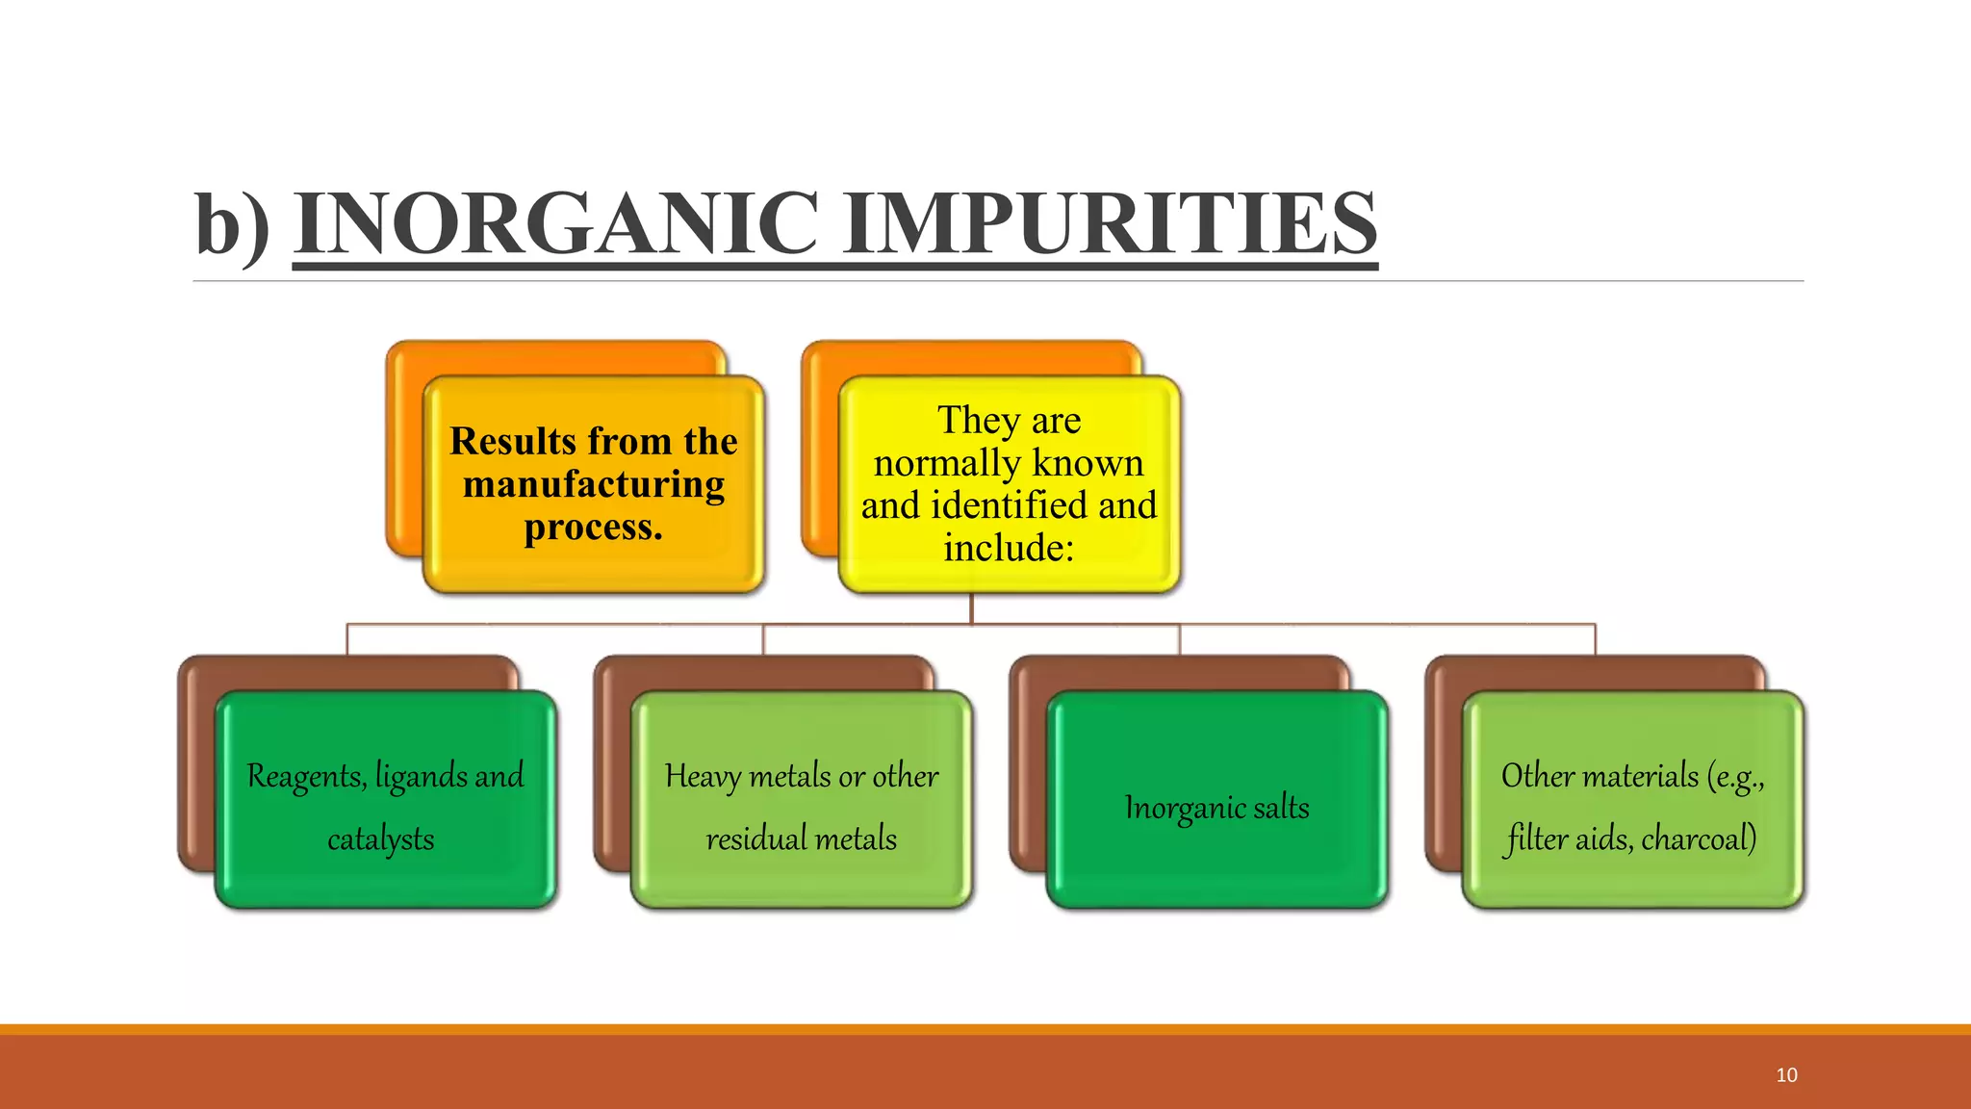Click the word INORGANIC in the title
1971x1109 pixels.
tap(556, 223)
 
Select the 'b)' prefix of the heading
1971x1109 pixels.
tap(232, 225)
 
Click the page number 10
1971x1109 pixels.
tap(1786, 1075)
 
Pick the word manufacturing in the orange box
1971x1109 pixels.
tap(594, 484)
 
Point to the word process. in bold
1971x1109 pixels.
tap(594, 528)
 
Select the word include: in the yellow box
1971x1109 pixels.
tap(1008, 548)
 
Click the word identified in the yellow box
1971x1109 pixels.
tap(1008, 505)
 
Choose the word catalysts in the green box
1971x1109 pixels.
tap(381, 839)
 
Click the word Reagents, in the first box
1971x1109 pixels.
tap(307, 776)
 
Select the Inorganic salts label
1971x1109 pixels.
tap(1216, 808)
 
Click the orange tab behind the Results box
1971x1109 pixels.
tap(556, 357)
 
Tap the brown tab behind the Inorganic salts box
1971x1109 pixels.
tap(1180, 672)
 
